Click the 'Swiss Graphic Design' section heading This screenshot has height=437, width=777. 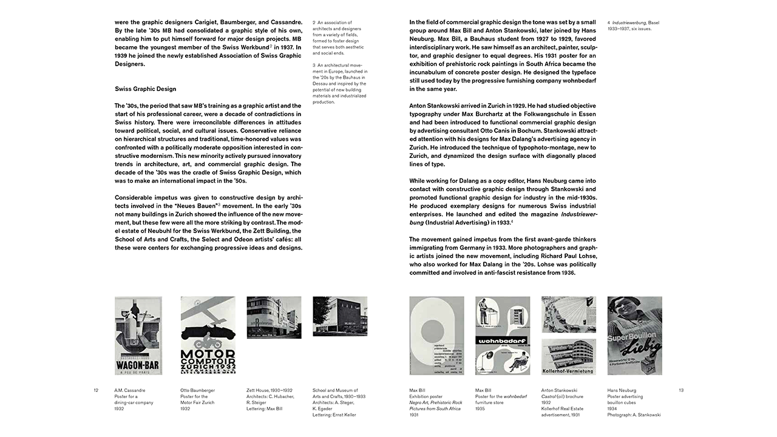coord(145,89)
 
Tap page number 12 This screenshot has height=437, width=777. coord(96,390)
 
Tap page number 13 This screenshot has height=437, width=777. coord(680,390)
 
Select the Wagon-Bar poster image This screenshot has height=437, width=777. coord(138,336)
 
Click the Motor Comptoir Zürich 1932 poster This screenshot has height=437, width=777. coord(208,336)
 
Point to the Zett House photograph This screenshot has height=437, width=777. coord(274,317)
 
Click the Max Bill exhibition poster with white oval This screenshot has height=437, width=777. coord(436,336)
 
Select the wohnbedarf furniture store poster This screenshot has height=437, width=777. coord(503,336)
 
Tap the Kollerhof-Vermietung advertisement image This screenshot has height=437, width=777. coord(568,356)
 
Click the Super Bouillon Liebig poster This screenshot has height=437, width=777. coord(634,336)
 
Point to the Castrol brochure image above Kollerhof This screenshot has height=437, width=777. coord(568,314)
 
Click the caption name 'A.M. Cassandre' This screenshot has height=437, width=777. coord(130,390)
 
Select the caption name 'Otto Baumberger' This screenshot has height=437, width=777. coord(198,390)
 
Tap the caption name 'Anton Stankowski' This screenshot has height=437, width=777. coord(559,390)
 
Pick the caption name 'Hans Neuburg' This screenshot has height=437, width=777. coord(623,390)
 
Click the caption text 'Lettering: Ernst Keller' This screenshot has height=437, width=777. coord(334,415)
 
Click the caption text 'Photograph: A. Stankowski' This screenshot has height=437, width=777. coord(634,415)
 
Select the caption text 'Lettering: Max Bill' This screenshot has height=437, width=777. coord(265,408)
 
